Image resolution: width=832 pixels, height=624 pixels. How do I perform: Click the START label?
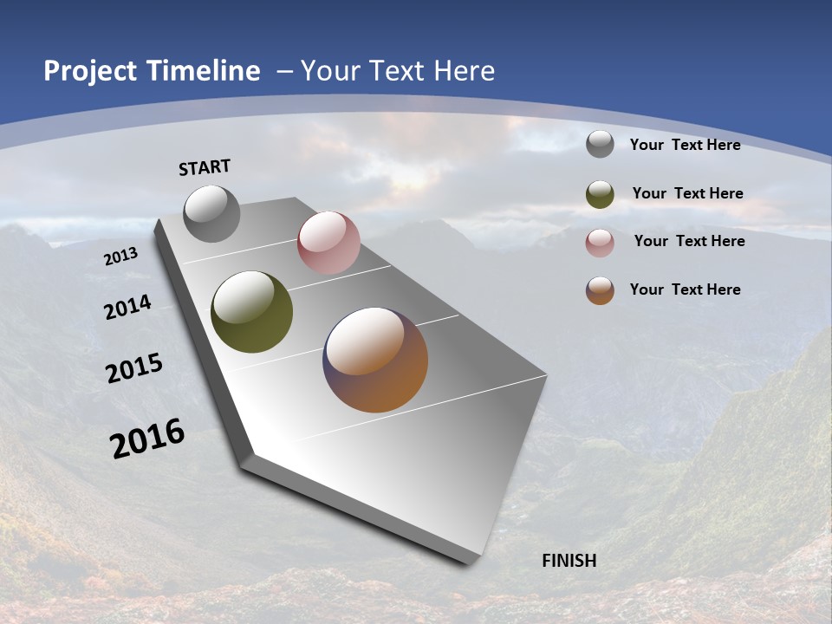(x=205, y=167)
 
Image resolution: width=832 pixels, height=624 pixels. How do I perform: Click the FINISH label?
(x=569, y=561)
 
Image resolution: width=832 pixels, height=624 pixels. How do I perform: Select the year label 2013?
(x=121, y=256)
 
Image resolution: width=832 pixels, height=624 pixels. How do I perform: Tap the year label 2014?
(x=127, y=307)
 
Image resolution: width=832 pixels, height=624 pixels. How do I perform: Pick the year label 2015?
(x=134, y=368)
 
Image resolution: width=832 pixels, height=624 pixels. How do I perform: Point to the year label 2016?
(x=147, y=439)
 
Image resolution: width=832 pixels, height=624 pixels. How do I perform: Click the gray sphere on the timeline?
(x=211, y=213)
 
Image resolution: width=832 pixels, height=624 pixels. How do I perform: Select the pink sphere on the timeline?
(x=328, y=243)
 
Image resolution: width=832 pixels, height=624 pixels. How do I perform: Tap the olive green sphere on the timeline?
(x=251, y=312)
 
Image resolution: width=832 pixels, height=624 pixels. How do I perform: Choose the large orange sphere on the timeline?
(x=375, y=360)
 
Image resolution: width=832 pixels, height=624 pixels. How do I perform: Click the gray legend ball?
(x=600, y=144)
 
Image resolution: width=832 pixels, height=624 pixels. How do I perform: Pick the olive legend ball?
(x=600, y=194)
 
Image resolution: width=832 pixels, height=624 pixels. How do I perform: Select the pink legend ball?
(x=600, y=243)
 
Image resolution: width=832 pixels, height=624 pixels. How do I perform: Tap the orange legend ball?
(x=600, y=290)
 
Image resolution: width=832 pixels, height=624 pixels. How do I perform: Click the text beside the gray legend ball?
(x=685, y=145)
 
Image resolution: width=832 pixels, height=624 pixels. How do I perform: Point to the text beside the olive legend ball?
(x=687, y=193)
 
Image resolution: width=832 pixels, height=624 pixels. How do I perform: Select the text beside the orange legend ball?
(x=685, y=289)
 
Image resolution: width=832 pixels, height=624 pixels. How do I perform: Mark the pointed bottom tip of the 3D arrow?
(x=468, y=562)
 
